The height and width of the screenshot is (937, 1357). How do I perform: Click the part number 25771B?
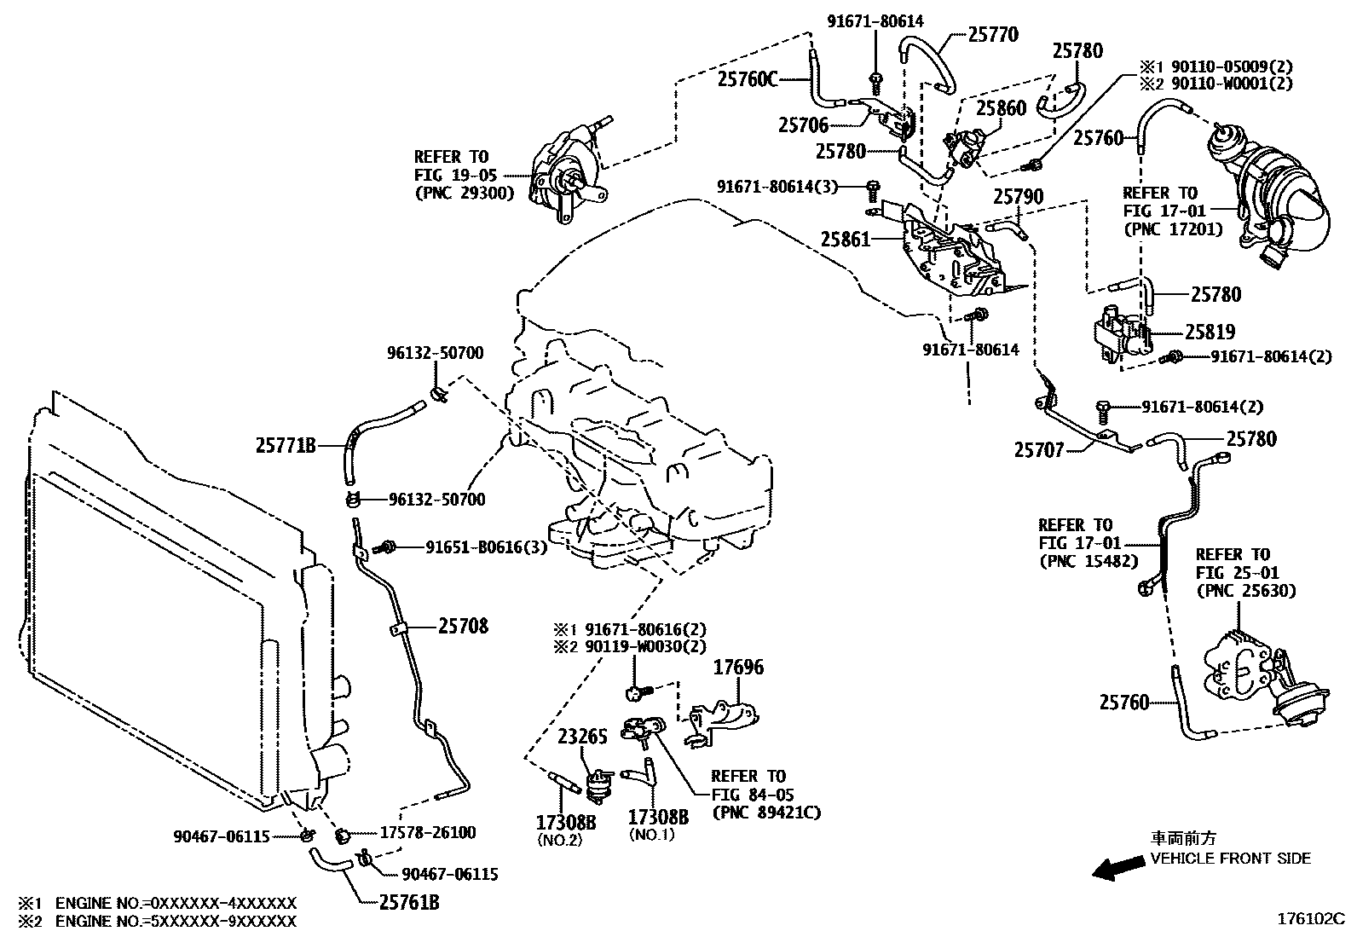[x=286, y=445]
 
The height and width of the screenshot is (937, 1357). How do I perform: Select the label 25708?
[x=464, y=626]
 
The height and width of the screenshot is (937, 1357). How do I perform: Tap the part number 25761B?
[x=408, y=901]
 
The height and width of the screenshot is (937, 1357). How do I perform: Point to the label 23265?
[x=582, y=737]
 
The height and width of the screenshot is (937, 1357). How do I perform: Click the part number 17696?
[x=737, y=668]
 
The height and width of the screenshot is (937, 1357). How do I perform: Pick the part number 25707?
[x=1038, y=449]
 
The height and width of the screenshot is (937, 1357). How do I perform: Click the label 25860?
[x=1001, y=108]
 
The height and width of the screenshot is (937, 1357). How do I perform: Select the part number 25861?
[x=846, y=240]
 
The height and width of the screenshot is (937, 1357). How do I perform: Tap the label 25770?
[x=993, y=35]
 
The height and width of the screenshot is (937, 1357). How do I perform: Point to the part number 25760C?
[x=748, y=79]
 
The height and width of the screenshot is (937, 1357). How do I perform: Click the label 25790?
[x=1018, y=197]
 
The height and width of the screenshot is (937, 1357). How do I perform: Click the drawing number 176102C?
[x=1309, y=920]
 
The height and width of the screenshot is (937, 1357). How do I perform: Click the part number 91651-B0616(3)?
[x=486, y=547]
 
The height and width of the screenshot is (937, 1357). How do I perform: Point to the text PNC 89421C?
[x=766, y=813]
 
